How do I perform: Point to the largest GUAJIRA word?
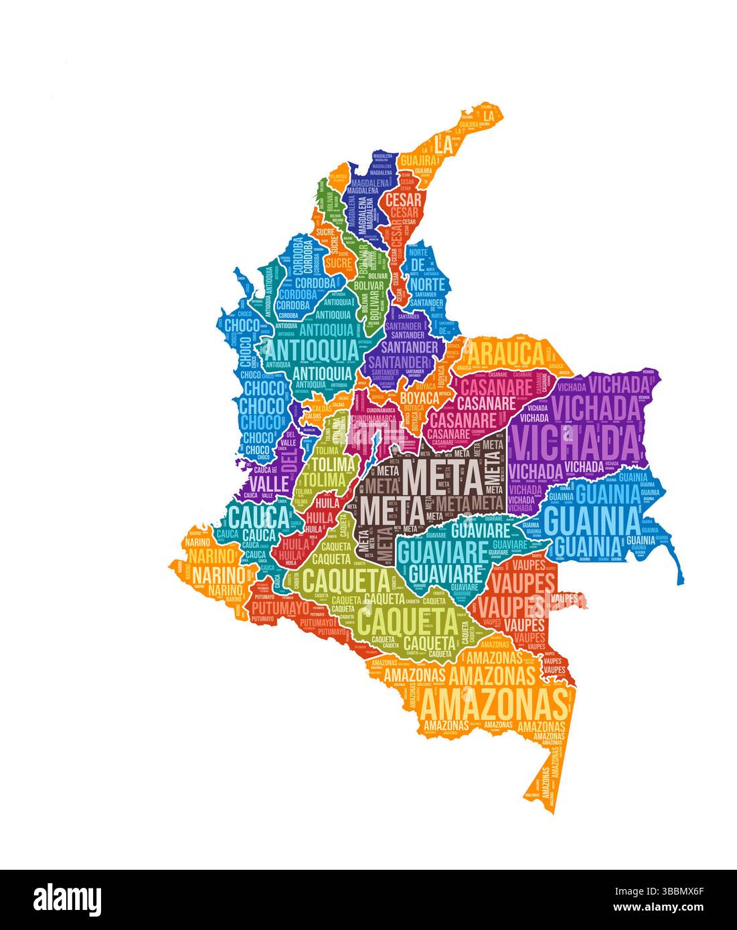point(416,161)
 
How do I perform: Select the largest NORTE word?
point(427,285)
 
